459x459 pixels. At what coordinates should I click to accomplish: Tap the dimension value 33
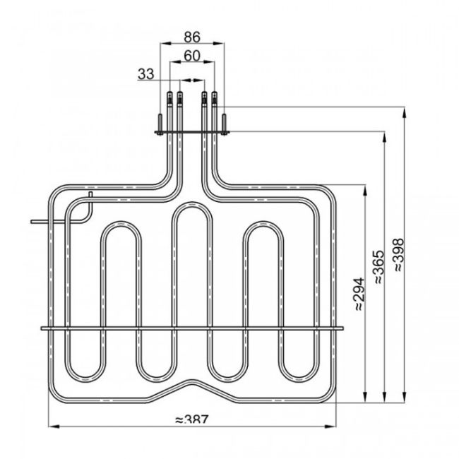pos(147,73)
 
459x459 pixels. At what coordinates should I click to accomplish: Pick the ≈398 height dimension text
pos(400,258)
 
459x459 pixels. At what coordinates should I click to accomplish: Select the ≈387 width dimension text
pos(191,419)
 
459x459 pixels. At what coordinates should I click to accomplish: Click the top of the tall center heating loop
pos(191,206)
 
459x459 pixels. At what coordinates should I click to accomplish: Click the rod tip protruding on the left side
pos(33,221)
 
